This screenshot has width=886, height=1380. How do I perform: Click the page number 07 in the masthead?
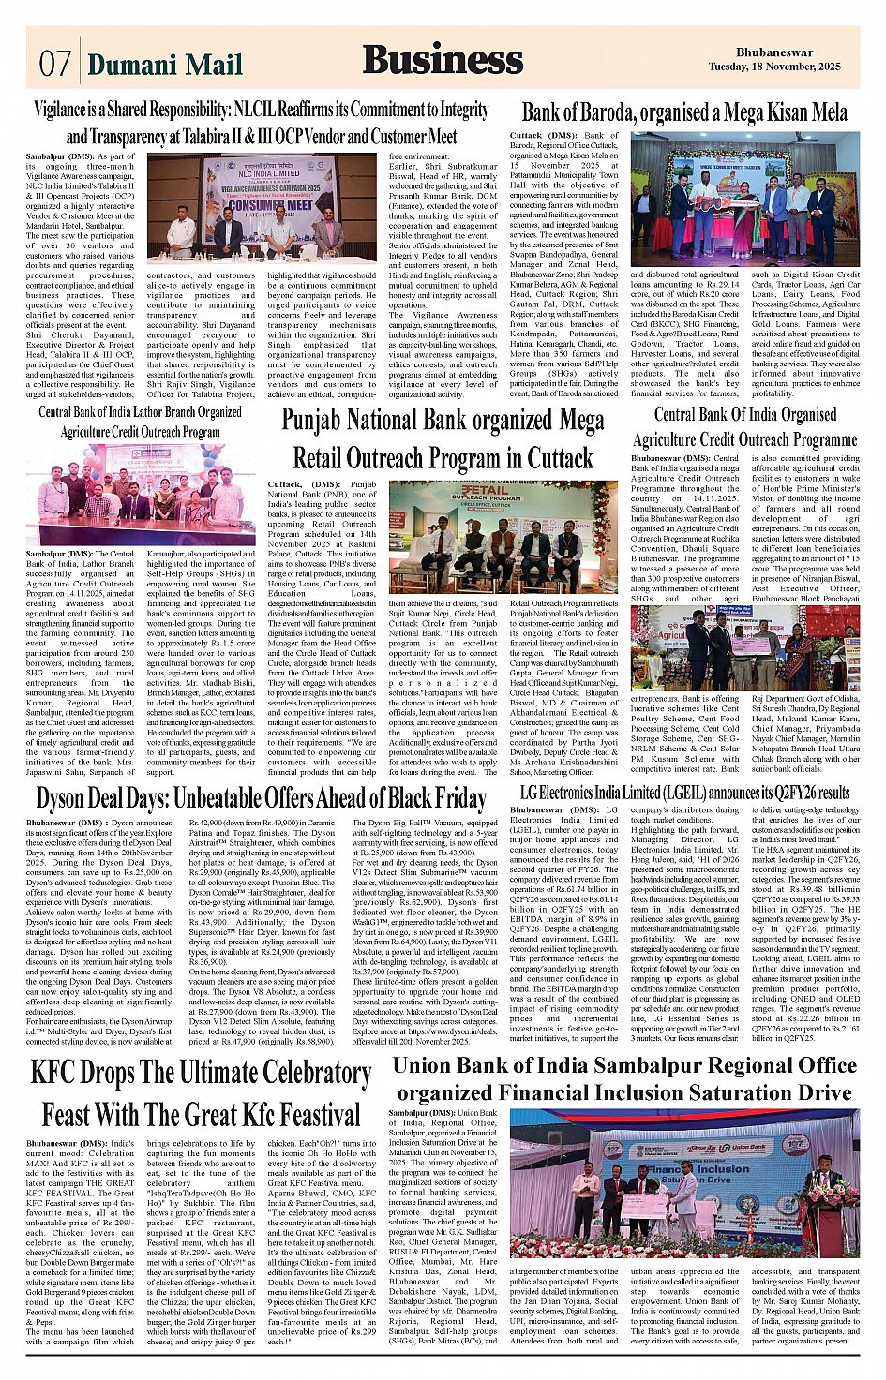[x=55, y=63]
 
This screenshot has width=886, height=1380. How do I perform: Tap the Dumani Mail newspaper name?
[x=164, y=64]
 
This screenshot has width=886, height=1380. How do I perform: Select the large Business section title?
[x=443, y=59]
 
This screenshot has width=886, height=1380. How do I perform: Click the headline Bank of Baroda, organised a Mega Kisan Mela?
[x=684, y=112]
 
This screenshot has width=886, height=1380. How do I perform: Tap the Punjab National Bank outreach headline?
[x=443, y=438]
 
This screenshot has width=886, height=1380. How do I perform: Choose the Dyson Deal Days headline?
[x=262, y=798]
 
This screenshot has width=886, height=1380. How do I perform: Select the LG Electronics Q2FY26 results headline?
[x=684, y=793]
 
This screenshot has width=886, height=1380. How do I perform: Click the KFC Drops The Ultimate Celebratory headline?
[x=201, y=1091]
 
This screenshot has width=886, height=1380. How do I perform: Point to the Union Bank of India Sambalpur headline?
[x=624, y=1079]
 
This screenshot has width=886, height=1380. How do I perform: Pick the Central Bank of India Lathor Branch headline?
[x=141, y=422]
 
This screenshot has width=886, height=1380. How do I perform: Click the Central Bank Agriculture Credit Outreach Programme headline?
[x=745, y=426]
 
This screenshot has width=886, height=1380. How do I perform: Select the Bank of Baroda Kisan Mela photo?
[x=744, y=199]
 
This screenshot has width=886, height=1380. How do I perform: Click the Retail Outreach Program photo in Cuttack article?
[x=498, y=536]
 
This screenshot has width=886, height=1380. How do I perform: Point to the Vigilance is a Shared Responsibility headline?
[x=262, y=123]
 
